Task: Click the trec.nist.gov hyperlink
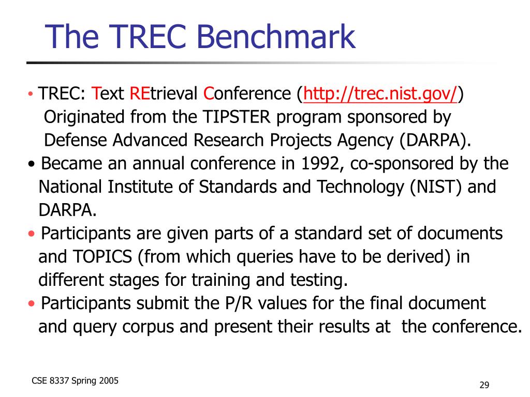pos(380,94)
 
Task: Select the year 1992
pos(320,164)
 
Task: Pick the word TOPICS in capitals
pos(102,257)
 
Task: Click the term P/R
pos(239,303)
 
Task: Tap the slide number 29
pos(484,385)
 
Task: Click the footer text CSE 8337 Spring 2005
pos(75,381)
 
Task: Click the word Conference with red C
pos(247,94)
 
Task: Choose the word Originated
pos(84,118)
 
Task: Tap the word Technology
pos(360,188)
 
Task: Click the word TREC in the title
pos(148,36)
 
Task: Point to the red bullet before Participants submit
pos(32,303)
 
